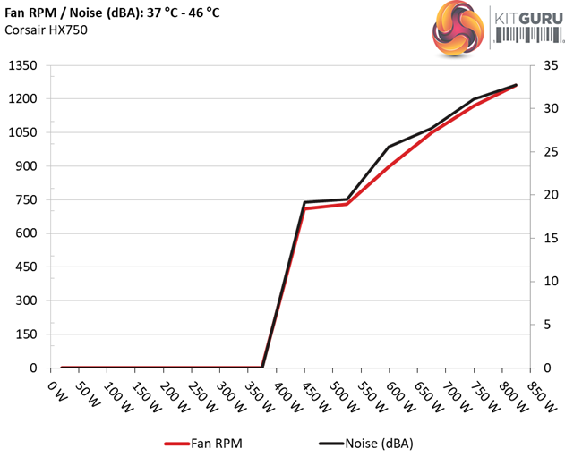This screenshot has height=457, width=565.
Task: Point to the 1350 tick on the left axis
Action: pos(21,65)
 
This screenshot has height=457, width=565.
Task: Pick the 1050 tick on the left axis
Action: pos(21,132)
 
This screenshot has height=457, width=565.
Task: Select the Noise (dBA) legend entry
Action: pos(365,443)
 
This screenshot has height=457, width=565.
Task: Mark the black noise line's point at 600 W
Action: pos(390,147)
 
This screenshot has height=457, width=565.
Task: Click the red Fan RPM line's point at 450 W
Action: pos(304,208)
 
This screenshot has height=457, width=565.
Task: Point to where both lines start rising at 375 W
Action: pos(262,367)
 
